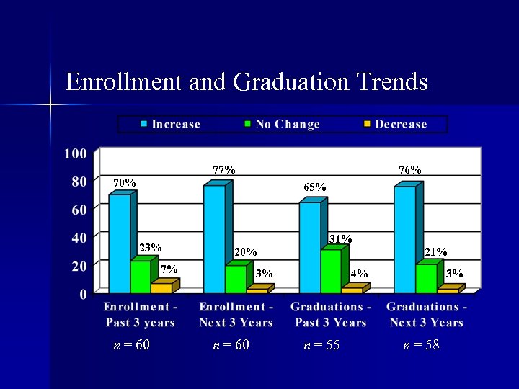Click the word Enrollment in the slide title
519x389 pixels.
(123, 81)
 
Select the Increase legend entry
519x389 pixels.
(170, 125)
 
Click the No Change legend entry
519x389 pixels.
(281, 125)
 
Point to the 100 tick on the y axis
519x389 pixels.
(76, 153)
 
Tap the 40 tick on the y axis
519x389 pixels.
(78, 238)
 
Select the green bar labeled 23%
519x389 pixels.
(141, 277)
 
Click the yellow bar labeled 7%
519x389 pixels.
(161, 288)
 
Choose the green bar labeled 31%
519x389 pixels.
(331, 271)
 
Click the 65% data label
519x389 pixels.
(315, 187)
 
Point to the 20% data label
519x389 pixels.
(246, 252)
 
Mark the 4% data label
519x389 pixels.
(359, 274)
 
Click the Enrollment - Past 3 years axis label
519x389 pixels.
(140, 315)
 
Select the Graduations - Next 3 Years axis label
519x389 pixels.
(427, 315)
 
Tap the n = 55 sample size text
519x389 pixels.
(321, 346)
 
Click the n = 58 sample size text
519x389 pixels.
(421, 346)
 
